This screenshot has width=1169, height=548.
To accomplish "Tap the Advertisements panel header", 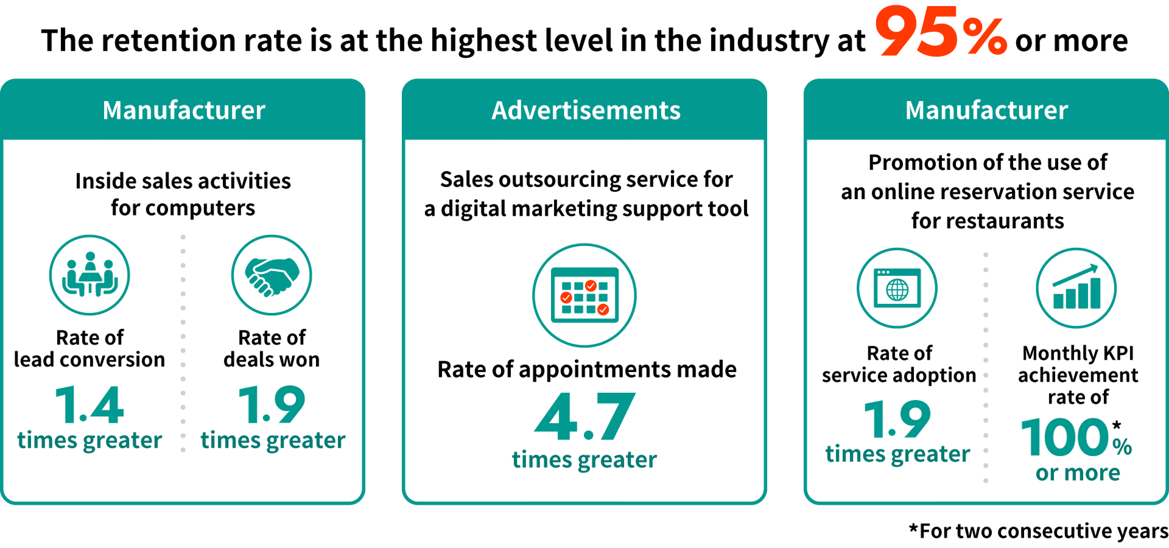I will (x=585, y=110).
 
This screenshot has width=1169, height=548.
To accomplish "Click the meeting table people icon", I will (x=90, y=275).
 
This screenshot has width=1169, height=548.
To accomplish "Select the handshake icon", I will (x=272, y=275).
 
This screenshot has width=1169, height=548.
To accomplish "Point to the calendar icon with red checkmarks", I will (x=584, y=295).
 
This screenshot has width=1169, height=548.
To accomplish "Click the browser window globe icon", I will (x=897, y=288).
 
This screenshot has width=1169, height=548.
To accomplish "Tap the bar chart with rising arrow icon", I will (x=1076, y=288).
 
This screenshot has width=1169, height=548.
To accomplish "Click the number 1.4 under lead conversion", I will (x=90, y=405).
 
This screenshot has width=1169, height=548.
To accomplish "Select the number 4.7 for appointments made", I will (x=584, y=417).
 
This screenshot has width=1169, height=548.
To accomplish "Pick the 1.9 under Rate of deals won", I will (x=272, y=405).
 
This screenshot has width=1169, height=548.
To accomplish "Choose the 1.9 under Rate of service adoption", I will (x=897, y=420).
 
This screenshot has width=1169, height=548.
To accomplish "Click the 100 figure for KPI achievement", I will (x=1065, y=437).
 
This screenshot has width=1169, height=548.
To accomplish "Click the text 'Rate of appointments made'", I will (x=587, y=370).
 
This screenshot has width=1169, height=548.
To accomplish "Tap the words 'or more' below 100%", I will (x=1078, y=472).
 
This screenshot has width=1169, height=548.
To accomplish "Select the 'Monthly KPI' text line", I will (x=1078, y=353).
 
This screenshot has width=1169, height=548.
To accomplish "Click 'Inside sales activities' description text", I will (x=183, y=181).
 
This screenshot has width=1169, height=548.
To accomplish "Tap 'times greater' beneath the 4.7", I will (x=584, y=460).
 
